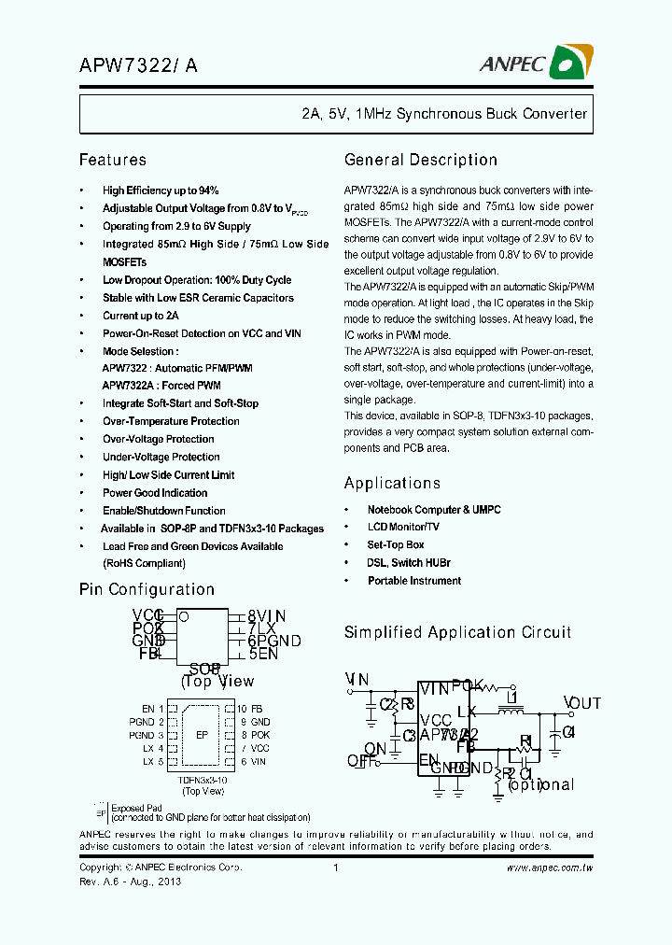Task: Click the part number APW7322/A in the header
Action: [x=138, y=64]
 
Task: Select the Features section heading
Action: [x=113, y=161]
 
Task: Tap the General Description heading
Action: [x=421, y=161]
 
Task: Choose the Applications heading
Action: [x=392, y=483]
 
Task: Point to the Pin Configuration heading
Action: [x=147, y=589]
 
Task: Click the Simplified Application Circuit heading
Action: [x=457, y=632]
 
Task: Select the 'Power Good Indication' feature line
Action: [x=155, y=493]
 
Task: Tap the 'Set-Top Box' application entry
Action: [x=396, y=545]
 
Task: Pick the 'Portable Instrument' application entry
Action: [x=414, y=581]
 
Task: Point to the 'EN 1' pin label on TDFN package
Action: [x=152, y=710]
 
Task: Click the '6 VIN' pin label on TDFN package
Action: [x=252, y=762]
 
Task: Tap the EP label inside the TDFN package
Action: [x=201, y=735]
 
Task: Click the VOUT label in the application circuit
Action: [x=582, y=703]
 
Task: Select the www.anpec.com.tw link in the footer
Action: [x=550, y=868]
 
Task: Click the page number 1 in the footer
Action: [x=335, y=868]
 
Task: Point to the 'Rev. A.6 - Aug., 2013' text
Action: [x=130, y=882]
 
